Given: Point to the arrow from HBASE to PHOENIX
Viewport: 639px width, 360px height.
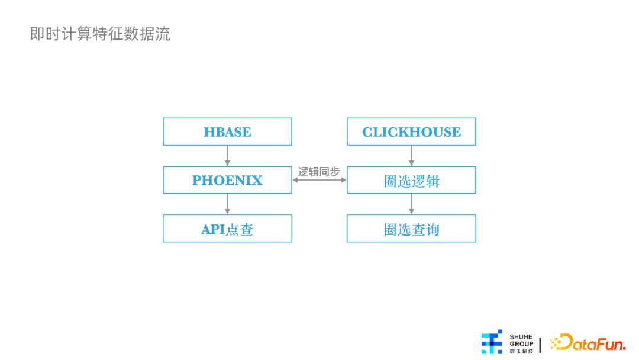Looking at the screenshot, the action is click(x=227, y=156).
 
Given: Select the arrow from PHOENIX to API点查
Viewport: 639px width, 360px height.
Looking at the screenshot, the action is click(x=227, y=204).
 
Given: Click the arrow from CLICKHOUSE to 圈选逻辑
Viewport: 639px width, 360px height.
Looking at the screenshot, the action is click(x=411, y=156).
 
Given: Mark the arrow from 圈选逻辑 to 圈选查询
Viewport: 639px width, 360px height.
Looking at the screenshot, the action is click(x=411, y=204).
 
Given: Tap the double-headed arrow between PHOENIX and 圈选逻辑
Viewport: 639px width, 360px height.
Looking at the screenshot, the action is click(x=319, y=180).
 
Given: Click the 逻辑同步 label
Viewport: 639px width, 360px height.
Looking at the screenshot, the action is click(x=319, y=172).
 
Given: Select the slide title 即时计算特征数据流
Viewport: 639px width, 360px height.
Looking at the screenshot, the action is click(x=100, y=34).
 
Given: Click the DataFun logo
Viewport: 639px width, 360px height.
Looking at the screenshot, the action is click(x=588, y=342).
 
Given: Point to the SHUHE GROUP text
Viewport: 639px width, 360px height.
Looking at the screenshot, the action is click(x=521, y=340).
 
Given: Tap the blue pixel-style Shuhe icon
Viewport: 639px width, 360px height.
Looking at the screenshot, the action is click(x=492, y=342).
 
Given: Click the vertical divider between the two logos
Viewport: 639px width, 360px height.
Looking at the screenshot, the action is click(x=540, y=345).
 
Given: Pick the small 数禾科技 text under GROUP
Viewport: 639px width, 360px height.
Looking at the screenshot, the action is click(x=521, y=351).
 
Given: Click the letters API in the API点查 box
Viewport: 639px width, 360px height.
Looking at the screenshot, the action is click(x=213, y=229).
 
